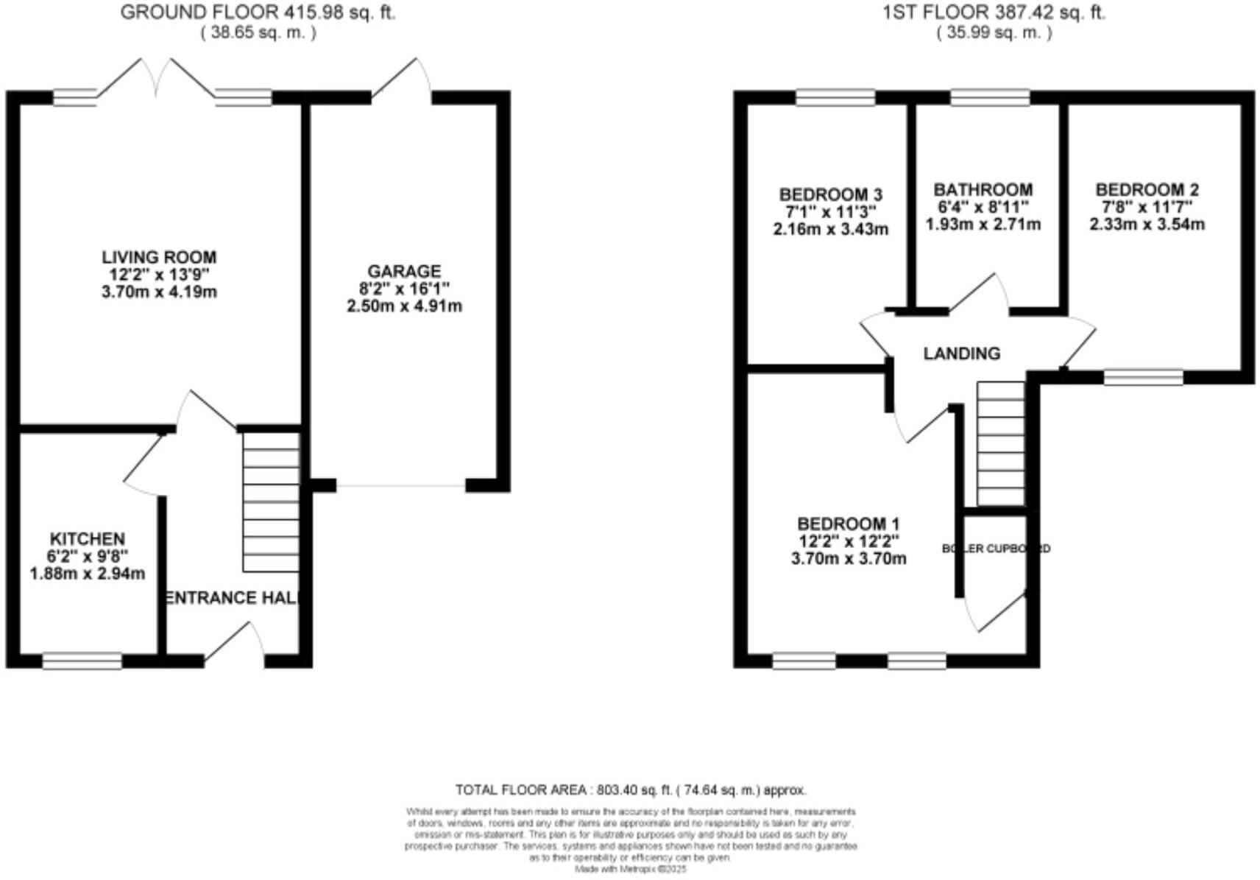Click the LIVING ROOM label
coord(159,258)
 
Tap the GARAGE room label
coord(404,272)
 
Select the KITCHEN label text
coord(87,539)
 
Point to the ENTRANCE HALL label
coord(233,597)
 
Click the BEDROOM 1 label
coord(848,524)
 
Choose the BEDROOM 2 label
coord(1147,190)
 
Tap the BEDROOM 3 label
coord(830,195)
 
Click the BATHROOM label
coord(983,190)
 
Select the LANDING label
coord(961,353)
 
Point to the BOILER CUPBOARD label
coord(996,549)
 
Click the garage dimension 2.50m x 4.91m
coord(404,306)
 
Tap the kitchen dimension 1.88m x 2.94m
coord(87,574)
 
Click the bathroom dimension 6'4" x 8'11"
coord(983,208)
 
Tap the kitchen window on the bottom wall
coord(82,661)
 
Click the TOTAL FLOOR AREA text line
coord(630,790)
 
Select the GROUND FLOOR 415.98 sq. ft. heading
coord(258,13)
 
